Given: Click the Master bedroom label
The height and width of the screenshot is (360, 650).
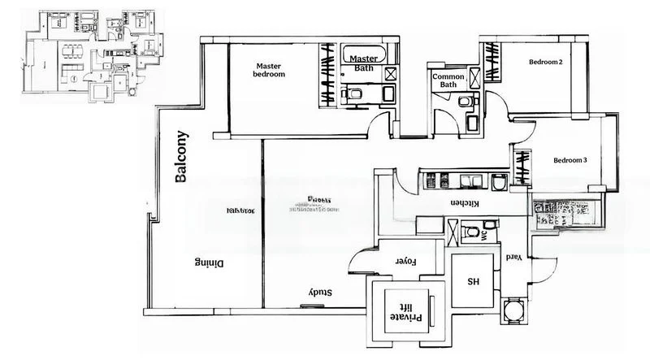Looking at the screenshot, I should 271,70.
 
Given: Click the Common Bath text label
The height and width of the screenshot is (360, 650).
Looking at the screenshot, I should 449,79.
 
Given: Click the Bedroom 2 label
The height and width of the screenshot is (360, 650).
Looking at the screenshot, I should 546,62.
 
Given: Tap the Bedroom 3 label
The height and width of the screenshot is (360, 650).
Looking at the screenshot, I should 570,160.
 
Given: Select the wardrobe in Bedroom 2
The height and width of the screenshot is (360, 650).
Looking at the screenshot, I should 492,62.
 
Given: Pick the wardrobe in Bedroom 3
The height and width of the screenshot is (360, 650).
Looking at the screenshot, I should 520,168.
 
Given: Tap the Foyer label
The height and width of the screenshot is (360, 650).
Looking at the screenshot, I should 405,262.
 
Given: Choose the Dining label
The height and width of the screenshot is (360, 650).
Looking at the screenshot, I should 209,263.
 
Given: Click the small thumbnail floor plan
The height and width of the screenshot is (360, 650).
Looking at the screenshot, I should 90,54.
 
